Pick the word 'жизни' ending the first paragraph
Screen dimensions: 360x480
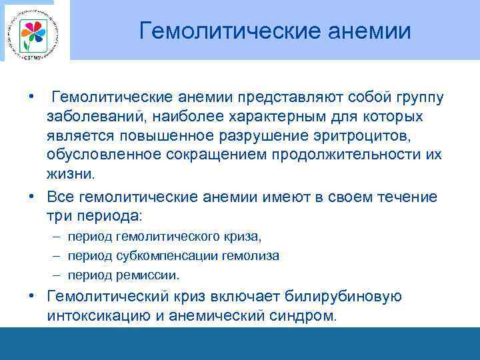[69, 175]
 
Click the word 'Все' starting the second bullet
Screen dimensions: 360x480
[60, 197]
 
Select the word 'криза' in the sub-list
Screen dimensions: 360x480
[244, 237]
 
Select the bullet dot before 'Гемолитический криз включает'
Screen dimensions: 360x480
[32, 296]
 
